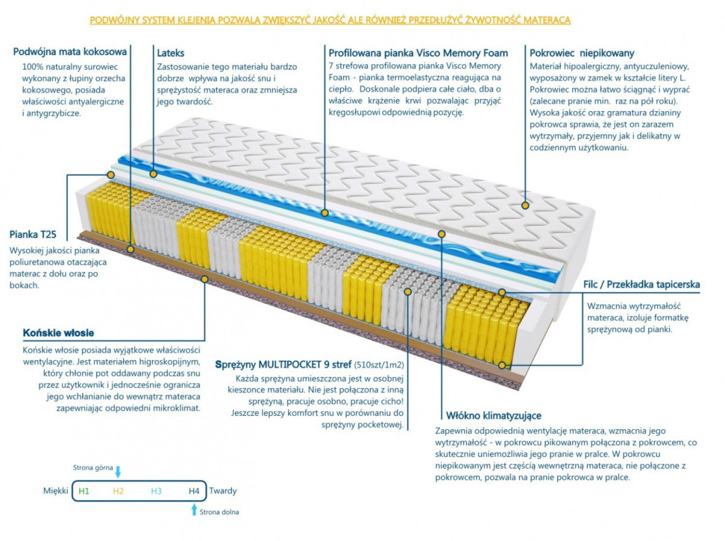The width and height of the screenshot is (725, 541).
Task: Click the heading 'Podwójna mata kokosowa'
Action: pyautogui.click(x=69, y=52)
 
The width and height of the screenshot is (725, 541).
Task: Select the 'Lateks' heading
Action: pyautogui.click(x=170, y=53)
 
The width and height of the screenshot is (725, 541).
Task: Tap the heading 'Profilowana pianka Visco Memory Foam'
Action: pyautogui.click(x=418, y=53)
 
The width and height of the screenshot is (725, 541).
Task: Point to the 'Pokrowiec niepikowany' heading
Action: pyautogui.click(x=582, y=53)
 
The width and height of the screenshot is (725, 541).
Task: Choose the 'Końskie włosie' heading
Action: pyautogui.click(x=58, y=333)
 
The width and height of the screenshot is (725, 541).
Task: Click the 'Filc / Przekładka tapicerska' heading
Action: pyautogui.click(x=642, y=284)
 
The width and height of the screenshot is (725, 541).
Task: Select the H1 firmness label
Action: pyautogui.click(x=84, y=491)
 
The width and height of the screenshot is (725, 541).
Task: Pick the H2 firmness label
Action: pyautogui.click(x=118, y=491)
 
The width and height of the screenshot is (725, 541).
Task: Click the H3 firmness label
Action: pyautogui.click(x=156, y=491)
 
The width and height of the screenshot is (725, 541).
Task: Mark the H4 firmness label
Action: pyautogui.click(x=193, y=491)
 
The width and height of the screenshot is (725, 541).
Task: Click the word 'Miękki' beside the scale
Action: pyautogui.click(x=56, y=491)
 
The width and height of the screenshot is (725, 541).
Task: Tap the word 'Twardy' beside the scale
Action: pyautogui.click(x=223, y=491)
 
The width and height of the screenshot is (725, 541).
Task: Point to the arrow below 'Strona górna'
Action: pyautogui.click(x=118, y=471)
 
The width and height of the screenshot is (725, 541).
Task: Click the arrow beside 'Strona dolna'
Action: pyautogui.click(x=194, y=510)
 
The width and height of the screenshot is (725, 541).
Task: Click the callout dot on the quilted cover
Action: pyautogui.click(x=525, y=206)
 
